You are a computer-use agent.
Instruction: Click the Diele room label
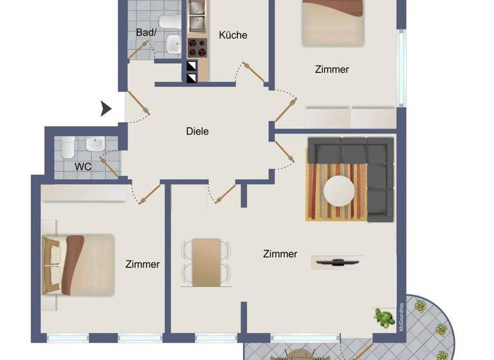(x=197, y=131)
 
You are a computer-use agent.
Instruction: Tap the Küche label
(x=233, y=35)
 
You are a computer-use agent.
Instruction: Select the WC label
(x=82, y=166)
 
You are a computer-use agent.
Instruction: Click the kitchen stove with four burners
(x=197, y=47)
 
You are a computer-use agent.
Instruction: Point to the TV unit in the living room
(x=338, y=262)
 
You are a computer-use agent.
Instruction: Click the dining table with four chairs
(x=206, y=260)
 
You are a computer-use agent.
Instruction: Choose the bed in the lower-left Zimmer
(x=78, y=264)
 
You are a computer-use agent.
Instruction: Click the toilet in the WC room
(x=68, y=148)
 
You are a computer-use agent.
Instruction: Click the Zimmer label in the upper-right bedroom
(x=332, y=69)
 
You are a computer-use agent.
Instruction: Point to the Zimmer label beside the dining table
(x=280, y=254)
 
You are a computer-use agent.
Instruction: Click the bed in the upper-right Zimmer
(x=333, y=22)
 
